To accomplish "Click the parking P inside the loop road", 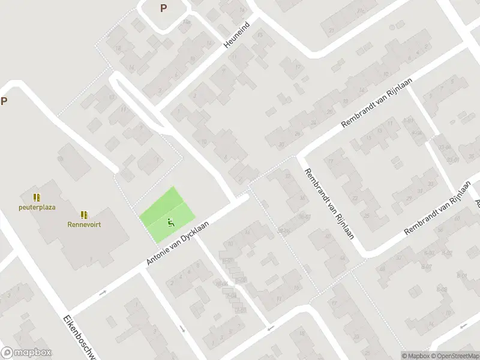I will point(163,8).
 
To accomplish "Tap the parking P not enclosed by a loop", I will point(4,101).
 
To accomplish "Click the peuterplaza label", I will point(37,207).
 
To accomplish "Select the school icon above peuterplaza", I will point(37,197).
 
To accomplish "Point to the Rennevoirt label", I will point(84,225).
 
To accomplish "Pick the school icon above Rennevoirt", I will point(84,214).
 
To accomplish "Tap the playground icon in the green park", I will point(171,223).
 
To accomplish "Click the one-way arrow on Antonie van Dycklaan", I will point(103,293).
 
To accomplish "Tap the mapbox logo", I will point(26,353).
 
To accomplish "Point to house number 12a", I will point(186,22).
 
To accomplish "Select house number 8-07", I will point(426,266).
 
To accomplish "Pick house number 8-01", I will point(461,275).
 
